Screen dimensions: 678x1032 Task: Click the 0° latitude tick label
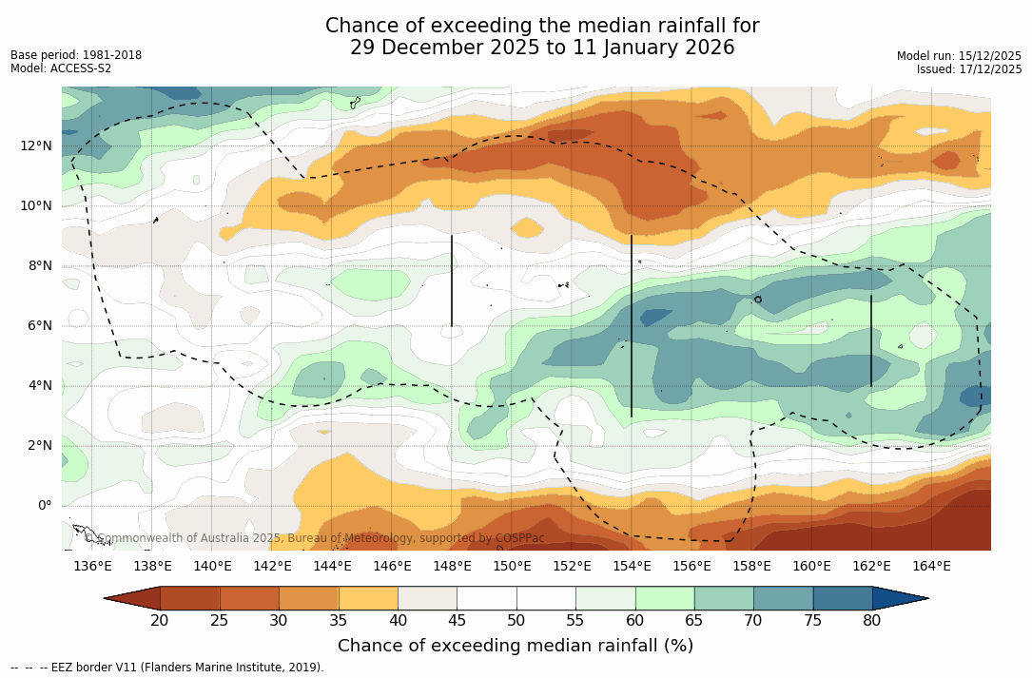(x=45, y=505)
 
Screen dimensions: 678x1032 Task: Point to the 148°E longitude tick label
(x=452, y=567)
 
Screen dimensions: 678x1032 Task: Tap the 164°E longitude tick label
(x=931, y=567)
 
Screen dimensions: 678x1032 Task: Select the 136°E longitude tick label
(x=92, y=567)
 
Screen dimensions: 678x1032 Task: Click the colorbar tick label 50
(x=516, y=621)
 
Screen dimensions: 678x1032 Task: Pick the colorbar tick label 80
(x=872, y=621)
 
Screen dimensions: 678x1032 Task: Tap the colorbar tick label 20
(x=160, y=621)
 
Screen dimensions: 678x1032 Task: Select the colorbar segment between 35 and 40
(x=368, y=598)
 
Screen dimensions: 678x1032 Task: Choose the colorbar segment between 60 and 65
(x=665, y=598)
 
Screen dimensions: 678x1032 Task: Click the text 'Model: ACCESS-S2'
(x=61, y=68)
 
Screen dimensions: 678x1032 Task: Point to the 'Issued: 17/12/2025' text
(x=969, y=69)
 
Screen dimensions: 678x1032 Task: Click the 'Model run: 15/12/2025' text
(x=959, y=56)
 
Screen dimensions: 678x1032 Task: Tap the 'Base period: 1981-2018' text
(x=76, y=55)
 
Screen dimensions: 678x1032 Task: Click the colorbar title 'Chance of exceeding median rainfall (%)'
(x=516, y=646)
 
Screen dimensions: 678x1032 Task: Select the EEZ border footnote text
(x=167, y=668)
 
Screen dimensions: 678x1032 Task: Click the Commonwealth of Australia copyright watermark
(x=314, y=538)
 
